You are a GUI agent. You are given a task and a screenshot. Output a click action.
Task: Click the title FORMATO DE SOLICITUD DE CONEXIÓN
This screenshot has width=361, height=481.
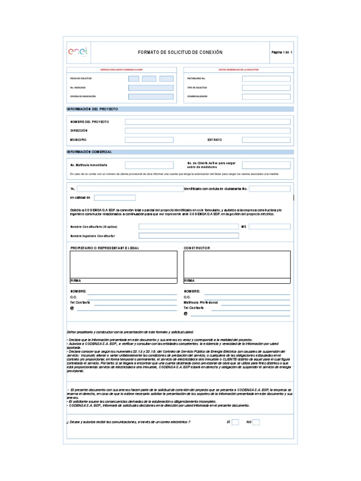tap(180, 52)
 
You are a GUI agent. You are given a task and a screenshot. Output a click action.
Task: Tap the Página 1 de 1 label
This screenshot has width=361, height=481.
tap(282, 52)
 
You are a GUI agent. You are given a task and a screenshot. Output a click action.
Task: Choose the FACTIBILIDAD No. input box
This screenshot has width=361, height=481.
tap(266, 79)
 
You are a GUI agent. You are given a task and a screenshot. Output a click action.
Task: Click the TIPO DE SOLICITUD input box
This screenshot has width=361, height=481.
tap(266, 88)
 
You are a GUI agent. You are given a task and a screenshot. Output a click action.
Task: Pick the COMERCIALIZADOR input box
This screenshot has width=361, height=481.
tap(266, 97)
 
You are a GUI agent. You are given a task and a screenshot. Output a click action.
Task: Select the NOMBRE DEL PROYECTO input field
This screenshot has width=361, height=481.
tap(207, 122)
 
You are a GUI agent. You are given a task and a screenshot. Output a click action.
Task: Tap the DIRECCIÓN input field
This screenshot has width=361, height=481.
tap(207, 131)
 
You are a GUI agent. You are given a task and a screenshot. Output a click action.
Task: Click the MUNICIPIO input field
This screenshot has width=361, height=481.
tap(149, 140)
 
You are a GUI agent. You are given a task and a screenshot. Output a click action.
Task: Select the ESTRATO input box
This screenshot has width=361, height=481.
tap(266, 140)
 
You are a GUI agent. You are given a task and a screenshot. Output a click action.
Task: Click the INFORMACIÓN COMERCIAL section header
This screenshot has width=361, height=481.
tap(92, 152)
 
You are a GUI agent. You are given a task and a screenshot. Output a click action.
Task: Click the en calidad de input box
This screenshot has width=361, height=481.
tap(115, 198)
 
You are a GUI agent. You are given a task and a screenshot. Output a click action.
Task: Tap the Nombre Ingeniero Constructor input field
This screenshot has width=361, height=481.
tap(188, 235)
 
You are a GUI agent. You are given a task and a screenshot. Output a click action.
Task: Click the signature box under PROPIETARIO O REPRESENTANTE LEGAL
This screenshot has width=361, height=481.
tap(124, 264)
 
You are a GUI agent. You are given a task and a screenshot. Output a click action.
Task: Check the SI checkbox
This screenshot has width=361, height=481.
tap(235, 422)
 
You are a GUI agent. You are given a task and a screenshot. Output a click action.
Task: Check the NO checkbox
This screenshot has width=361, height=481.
tap(256, 422)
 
